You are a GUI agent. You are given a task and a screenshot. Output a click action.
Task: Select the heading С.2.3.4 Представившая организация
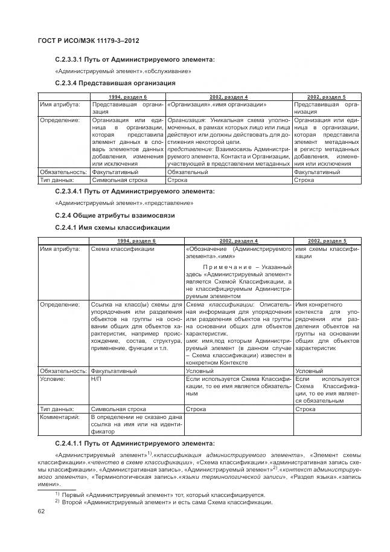115,83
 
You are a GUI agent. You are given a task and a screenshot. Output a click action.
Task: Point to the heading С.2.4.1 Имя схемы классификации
112,227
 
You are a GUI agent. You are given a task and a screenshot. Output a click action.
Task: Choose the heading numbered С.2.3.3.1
134,59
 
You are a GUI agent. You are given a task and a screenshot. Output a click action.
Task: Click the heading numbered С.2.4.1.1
134,443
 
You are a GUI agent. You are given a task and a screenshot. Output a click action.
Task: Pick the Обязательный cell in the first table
187,172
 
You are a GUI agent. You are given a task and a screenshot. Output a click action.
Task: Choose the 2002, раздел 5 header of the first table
326,97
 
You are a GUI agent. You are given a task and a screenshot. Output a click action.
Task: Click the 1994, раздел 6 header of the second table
136,241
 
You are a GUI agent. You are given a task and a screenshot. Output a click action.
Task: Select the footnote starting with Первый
165,495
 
